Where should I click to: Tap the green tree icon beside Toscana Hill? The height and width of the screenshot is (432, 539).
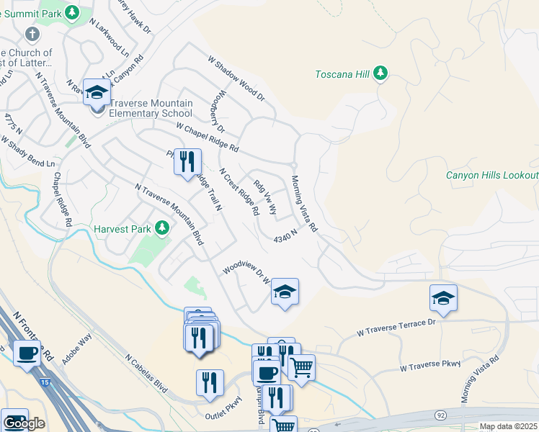[381, 74]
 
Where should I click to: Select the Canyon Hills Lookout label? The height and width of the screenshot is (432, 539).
[491, 175]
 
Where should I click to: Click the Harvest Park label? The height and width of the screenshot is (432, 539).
[122, 230]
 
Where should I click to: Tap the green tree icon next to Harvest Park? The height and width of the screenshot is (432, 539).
[162, 229]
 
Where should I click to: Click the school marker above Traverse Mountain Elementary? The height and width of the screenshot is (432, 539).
[96, 91]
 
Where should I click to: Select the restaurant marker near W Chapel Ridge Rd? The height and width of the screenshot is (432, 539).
[187, 161]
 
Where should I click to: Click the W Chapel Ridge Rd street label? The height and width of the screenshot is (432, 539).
[208, 137]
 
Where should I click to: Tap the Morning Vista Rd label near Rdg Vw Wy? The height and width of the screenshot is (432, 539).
[304, 203]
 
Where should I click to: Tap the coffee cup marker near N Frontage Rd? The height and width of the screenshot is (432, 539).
[27, 354]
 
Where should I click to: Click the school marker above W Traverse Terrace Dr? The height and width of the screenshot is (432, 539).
[443, 297]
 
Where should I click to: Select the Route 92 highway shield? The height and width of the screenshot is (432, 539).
[440, 415]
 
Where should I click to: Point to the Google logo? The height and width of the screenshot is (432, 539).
[24, 423]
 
